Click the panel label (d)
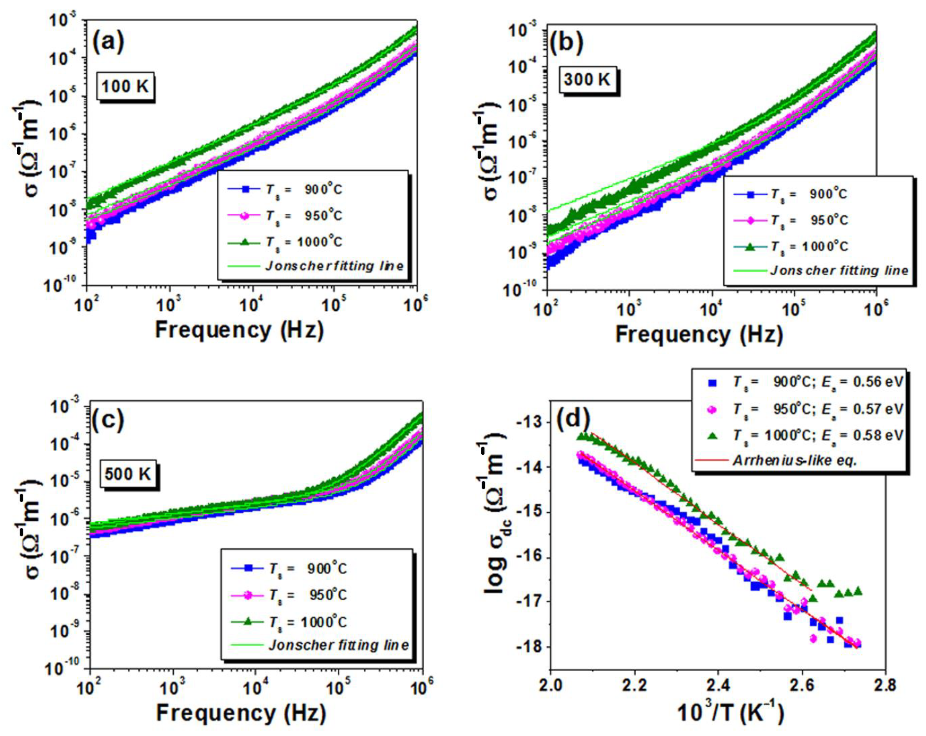[573, 419]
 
